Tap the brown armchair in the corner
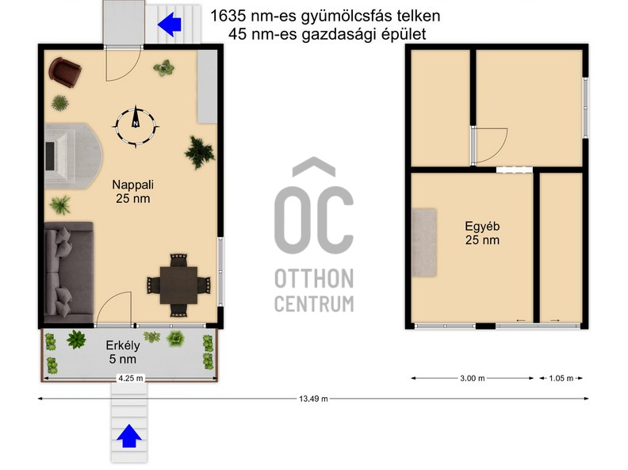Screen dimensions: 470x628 (x=65, y=71)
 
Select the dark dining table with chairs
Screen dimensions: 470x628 (x=179, y=283)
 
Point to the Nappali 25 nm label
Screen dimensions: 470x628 (x=132, y=191)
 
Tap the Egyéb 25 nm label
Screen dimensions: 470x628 (x=482, y=231)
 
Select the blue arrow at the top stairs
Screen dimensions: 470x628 (x=169, y=25)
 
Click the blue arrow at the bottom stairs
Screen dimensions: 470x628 (x=129, y=437)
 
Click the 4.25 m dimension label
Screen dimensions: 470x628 (x=130, y=378)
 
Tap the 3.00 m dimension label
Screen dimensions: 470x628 (x=472, y=379)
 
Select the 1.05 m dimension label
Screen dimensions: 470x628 (x=561, y=379)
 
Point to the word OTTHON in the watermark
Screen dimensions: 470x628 (x=314, y=278)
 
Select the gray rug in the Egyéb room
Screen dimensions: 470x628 (x=424, y=242)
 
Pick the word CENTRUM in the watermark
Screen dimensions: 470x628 (x=314, y=303)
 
